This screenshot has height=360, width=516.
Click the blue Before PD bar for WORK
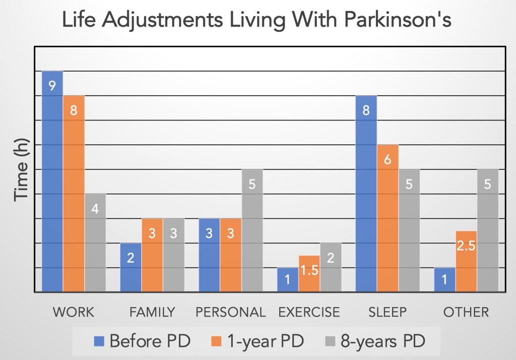click(x=52, y=182)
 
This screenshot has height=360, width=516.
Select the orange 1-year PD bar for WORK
click(x=74, y=194)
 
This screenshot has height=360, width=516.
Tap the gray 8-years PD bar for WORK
click(x=95, y=243)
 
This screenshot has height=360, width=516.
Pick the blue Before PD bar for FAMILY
click(x=131, y=267)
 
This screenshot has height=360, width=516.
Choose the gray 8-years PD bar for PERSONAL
click(x=252, y=230)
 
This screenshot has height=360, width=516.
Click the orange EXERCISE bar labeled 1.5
click(x=309, y=274)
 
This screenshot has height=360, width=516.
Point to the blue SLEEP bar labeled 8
click(x=366, y=194)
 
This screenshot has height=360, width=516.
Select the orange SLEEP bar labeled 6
click(x=388, y=218)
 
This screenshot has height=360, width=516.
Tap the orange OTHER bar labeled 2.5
click(x=467, y=261)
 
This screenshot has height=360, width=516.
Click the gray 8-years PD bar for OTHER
click(x=488, y=230)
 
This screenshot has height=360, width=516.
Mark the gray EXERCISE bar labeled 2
click(x=331, y=267)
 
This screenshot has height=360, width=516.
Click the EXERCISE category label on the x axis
click(x=309, y=312)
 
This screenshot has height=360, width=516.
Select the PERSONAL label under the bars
click(x=230, y=312)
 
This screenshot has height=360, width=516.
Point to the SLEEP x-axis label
click(x=388, y=312)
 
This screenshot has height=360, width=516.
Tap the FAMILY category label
click(x=152, y=312)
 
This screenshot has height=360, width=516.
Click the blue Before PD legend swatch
click(x=99, y=341)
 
